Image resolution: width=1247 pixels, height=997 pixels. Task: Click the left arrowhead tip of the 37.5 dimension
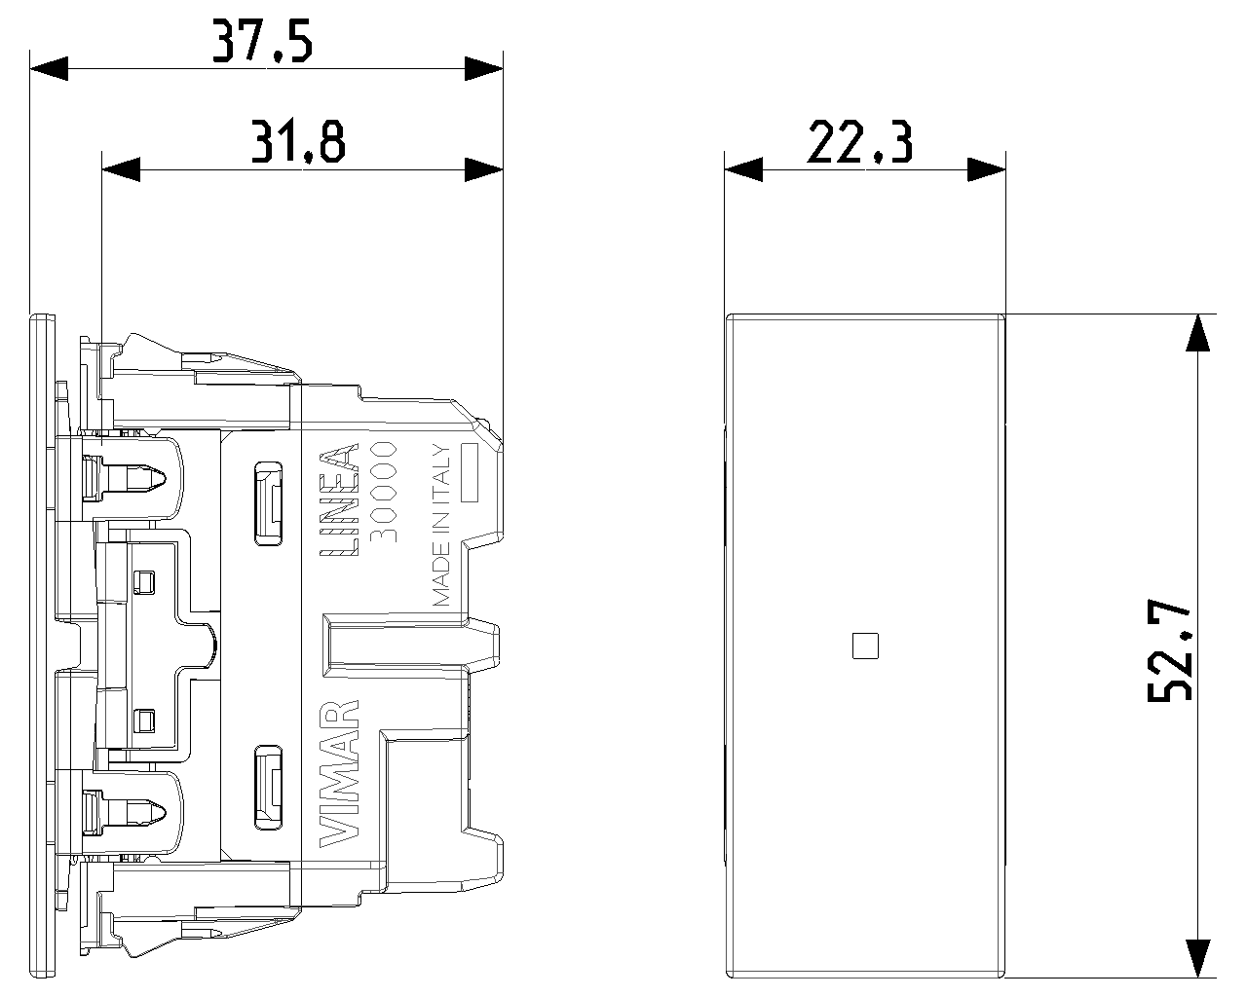pos(30,69)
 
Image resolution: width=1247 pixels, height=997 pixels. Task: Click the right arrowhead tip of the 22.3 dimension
pos(1005,169)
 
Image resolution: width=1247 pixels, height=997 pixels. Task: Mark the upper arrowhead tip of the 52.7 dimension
pos(1197,314)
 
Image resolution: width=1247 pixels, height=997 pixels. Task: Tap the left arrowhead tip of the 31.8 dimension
pos(102,169)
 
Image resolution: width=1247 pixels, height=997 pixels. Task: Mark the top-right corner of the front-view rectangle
pos(1004,315)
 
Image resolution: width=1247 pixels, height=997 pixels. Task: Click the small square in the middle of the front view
pos(865,646)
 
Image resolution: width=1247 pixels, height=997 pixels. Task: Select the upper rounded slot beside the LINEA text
pos(268,503)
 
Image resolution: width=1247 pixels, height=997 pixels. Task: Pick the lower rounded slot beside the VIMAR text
pos(268,787)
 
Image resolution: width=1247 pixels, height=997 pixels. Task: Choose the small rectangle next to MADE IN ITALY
pos(469,472)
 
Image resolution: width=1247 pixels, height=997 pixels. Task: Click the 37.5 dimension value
pos(262,41)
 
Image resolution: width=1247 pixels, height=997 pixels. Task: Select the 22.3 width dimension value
pos(860,142)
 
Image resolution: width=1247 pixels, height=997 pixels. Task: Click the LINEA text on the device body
pos(339,499)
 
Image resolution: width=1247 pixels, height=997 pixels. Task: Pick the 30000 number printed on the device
pos(384,492)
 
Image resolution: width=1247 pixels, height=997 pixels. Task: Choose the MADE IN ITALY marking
pos(441,525)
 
